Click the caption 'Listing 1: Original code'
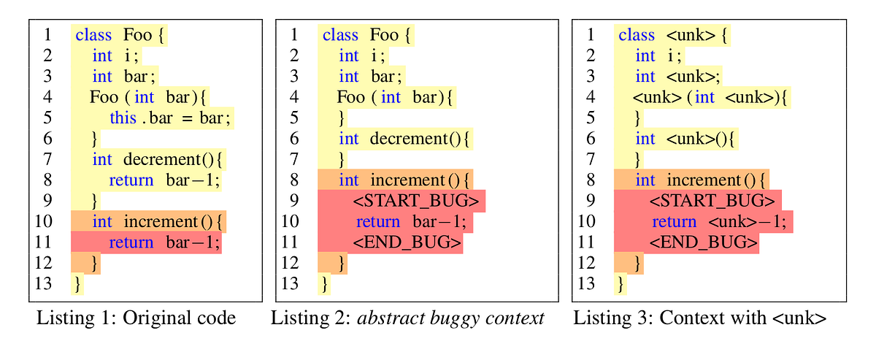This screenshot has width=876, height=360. tap(137, 318)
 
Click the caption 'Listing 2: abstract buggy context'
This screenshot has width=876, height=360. tap(408, 318)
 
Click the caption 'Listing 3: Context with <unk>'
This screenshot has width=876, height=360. tap(699, 318)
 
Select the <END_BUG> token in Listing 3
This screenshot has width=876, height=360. tap(704, 242)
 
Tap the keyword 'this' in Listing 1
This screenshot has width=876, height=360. tap(123, 118)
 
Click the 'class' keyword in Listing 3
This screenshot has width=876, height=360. tap(637, 35)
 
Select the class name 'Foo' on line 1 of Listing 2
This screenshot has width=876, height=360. tap(384, 35)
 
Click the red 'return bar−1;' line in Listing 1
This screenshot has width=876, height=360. tap(164, 242)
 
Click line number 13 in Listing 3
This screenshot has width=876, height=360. tap(587, 284)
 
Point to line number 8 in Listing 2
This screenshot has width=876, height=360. tap(293, 180)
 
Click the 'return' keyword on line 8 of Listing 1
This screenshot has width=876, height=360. tap(131, 180)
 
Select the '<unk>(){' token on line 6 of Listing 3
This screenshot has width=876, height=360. tap(702, 139)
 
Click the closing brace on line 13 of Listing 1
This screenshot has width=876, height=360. tap(77, 284)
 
